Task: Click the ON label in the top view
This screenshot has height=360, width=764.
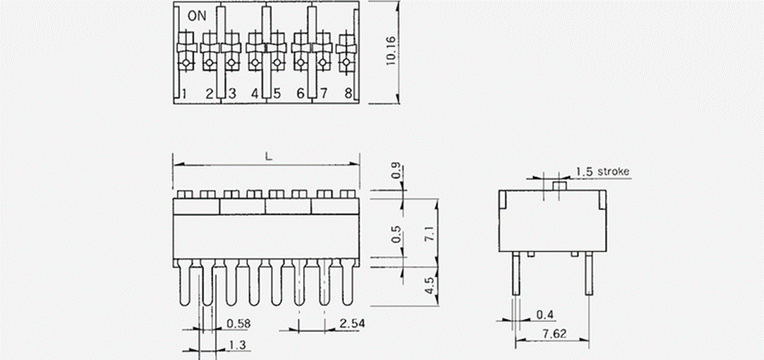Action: tap(196, 15)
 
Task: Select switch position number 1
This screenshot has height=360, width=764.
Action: tap(185, 94)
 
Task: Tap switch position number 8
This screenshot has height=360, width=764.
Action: tap(348, 94)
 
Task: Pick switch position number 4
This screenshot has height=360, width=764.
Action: tap(254, 94)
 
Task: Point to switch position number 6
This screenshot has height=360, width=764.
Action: tap(300, 94)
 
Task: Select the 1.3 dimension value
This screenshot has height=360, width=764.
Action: tap(237, 345)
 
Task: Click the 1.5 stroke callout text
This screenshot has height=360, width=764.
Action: tap(604, 171)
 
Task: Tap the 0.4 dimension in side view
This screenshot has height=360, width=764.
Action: tap(545, 314)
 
